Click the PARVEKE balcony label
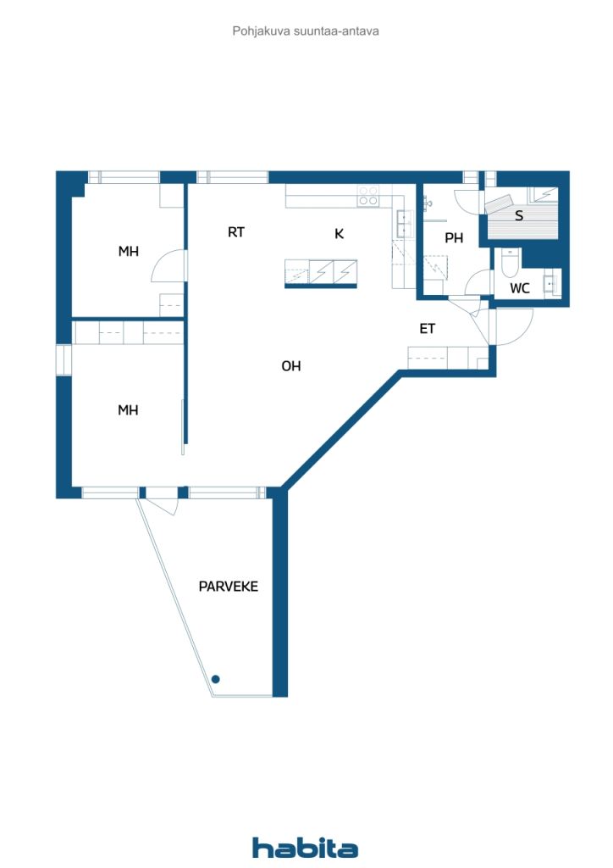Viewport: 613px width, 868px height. coord(228,586)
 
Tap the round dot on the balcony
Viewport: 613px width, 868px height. coord(216,679)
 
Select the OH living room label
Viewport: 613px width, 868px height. coord(291,366)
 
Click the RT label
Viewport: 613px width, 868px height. coord(236,232)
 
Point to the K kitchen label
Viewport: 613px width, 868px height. coord(339,234)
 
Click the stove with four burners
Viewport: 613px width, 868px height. coord(368,197)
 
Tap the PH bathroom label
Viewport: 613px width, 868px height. coord(454,238)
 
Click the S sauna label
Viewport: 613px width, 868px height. coord(519,216)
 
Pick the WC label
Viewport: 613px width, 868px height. coord(519,288)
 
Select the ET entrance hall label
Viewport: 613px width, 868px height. coord(428,329)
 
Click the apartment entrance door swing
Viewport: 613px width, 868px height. coord(513,327)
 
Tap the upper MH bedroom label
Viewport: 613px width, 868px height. coord(128,252)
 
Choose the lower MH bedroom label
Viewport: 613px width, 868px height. coord(128,410)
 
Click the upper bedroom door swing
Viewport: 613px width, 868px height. coord(167,266)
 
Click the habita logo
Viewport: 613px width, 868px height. coord(306,848)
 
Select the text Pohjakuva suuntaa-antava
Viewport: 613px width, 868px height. coord(306,31)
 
